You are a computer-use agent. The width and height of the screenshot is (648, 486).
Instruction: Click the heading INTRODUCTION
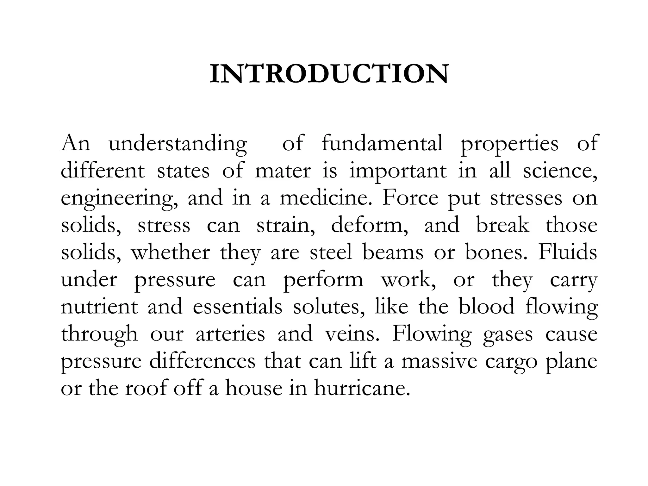[329, 74]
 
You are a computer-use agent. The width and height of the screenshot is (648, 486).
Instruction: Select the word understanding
[178, 144]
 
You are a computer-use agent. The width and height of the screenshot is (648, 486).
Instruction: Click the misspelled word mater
[283, 171]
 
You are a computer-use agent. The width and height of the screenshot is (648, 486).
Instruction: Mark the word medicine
[327, 198]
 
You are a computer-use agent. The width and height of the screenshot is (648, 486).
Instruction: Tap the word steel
[331, 252]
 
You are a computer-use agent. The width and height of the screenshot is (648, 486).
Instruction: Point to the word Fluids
[568, 252]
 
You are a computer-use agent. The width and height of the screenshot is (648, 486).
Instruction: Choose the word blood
[487, 307]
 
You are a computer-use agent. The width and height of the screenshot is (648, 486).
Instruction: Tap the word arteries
[230, 334]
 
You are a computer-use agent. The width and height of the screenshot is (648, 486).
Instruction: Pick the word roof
[146, 389]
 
